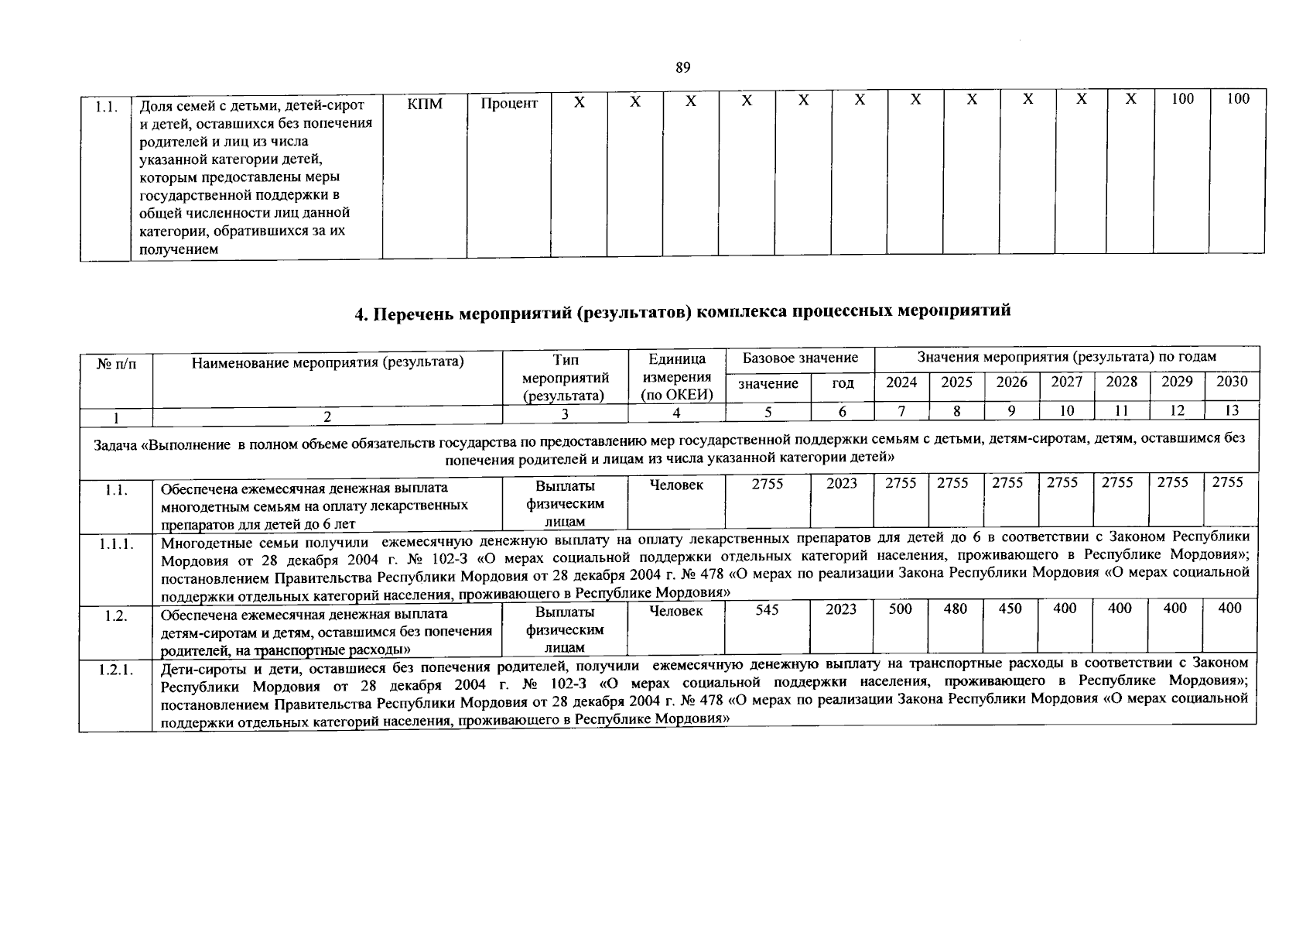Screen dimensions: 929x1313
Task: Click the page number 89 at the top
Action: click(x=682, y=67)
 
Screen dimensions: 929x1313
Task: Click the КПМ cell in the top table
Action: click(x=425, y=103)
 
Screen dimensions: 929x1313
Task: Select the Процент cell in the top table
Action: click(x=508, y=103)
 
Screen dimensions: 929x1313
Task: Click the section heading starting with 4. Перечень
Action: click(x=682, y=312)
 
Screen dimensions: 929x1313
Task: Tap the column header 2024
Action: click(x=901, y=382)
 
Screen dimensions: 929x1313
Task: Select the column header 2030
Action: click(x=1232, y=382)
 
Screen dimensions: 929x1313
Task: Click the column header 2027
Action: click(x=1066, y=382)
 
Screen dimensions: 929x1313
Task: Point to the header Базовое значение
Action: click(x=800, y=358)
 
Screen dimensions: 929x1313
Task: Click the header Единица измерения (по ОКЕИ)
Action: click(x=676, y=377)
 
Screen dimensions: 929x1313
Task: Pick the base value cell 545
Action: click(x=767, y=610)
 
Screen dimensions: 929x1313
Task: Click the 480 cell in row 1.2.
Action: click(x=956, y=609)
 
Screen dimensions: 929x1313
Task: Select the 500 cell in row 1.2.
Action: click(x=900, y=609)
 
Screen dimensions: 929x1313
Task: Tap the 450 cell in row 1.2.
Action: click(x=1010, y=609)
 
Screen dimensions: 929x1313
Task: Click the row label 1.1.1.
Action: click(x=116, y=544)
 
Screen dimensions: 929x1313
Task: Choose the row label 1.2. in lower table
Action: click(x=116, y=617)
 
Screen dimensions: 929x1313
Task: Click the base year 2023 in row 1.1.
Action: click(x=842, y=484)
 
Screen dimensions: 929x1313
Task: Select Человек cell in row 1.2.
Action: click(x=675, y=612)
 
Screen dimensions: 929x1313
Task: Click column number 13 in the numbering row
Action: click(x=1232, y=412)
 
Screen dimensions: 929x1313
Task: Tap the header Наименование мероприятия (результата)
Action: click(x=327, y=361)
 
